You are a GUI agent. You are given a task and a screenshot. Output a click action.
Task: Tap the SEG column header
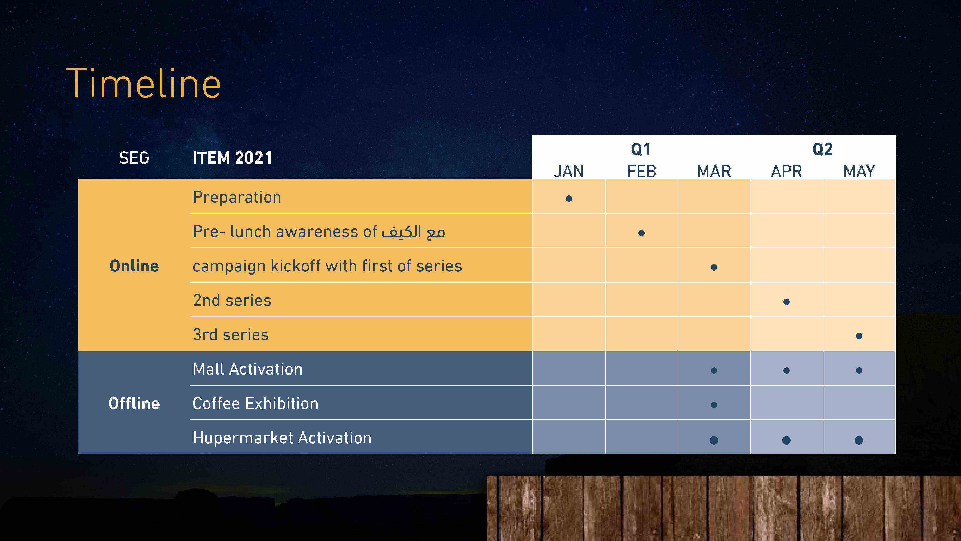coord(134,158)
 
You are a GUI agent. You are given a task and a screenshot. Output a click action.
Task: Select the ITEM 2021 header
coord(232,158)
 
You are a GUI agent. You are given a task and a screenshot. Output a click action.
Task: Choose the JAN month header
coord(568,171)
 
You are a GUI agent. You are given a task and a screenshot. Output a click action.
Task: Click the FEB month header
coord(641,171)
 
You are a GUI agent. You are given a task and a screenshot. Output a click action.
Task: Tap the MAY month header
coord(859,171)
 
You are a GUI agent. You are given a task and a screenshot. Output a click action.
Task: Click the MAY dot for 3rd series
coord(859,336)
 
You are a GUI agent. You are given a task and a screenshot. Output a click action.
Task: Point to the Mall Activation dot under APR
coord(786,370)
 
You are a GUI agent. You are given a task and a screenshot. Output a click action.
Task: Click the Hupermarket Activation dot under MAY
coord(859,440)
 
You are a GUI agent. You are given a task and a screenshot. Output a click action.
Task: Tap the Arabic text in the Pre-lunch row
coord(413,232)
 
